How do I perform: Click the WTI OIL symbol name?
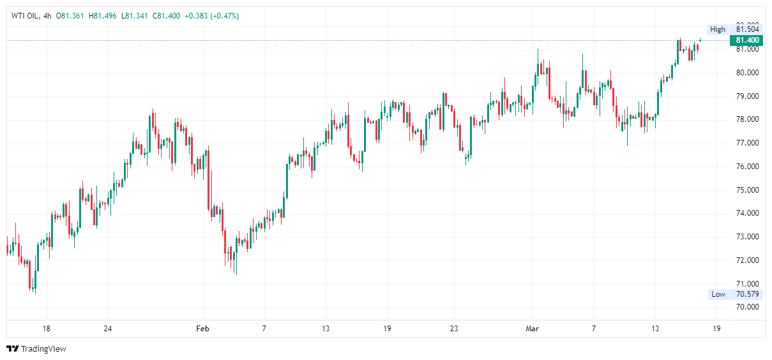pos(24,16)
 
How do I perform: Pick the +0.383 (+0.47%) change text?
pos(211,16)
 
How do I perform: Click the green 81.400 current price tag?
pos(746,40)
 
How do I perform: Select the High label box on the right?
pos(717,29)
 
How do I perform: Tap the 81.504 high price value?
pos(747,29)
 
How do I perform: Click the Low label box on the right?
pos(718,294)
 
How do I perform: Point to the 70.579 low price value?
pos(747,294)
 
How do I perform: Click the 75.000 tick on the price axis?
pos(747,190)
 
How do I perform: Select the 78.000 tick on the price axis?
pos(747,119)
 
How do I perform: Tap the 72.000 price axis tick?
pos(747,260)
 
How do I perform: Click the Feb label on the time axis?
pos(202,329)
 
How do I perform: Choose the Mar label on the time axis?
pos(532,329)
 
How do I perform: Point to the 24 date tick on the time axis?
pos(107,329)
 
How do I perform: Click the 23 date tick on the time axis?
pos(454,329)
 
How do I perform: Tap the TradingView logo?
pos(36,349)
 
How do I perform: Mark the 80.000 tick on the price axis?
pos(747,73)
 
